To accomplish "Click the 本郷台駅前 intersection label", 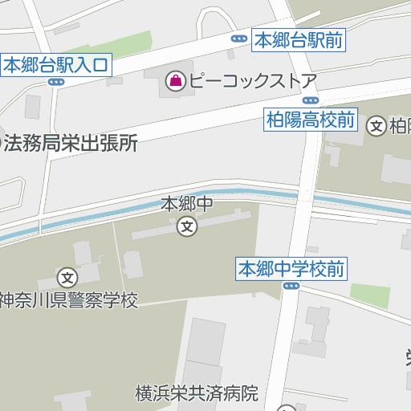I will [299, 39].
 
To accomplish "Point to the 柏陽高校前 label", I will [310, 121].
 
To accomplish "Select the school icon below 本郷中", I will [187, 227].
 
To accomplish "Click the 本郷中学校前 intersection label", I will [291, 269].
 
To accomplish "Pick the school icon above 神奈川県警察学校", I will [68, 278].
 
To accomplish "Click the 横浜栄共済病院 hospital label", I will [197, 393].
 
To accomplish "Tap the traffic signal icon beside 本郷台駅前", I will [238, 39].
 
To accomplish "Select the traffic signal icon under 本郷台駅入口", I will [55, 81].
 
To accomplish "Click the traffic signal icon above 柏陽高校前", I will [311, 100].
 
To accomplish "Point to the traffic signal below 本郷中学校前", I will [291, 285].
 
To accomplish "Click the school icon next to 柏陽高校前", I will [376, 125].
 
